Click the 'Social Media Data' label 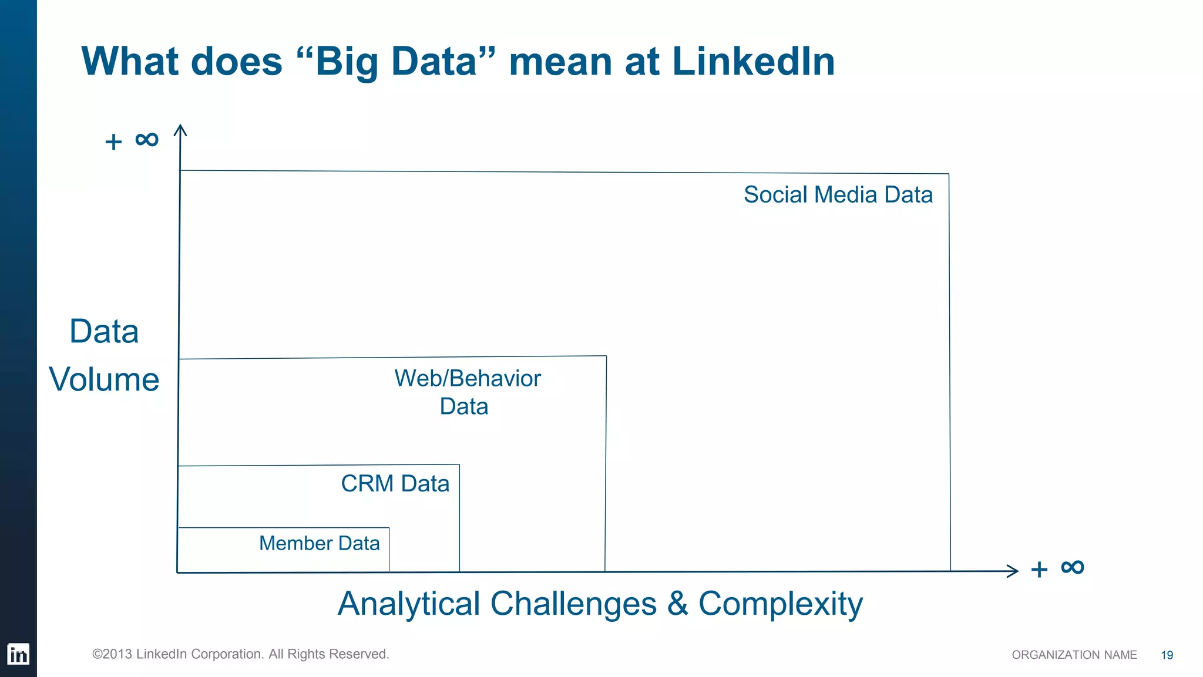point(838,195)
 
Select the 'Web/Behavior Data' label point(467,392)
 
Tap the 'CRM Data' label point(395,484)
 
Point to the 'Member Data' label point(319,544)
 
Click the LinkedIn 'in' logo point(18,654)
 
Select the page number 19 point(1167,655)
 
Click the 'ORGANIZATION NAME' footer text point(1074,655)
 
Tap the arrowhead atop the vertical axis point(180,130)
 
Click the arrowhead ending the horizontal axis point(1012,571)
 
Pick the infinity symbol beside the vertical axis point(147,140)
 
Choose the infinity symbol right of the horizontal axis point(1072,567)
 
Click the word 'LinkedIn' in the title point(753,62)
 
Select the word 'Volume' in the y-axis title point(104,379)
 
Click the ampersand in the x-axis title point(677,604)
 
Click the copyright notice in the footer point(241,654)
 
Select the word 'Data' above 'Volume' point(104,332)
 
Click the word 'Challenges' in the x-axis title point(573,604)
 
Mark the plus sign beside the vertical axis point(113,142)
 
